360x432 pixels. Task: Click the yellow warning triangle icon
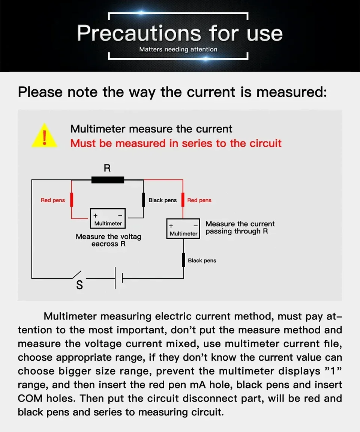coord(45,136)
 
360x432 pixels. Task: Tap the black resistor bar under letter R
coord(108,180)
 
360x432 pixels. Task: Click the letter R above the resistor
coord(107,168)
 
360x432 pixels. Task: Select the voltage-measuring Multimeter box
coord(108,218)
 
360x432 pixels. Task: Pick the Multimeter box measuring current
coord(183,229)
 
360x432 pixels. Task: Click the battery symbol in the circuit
coord(118,278)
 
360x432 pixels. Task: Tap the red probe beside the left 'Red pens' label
coord(72,200)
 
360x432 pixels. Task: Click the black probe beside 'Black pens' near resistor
coord(144,200)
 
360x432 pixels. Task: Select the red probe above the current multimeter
coord(183,200)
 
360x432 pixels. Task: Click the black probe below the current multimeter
coord(183,260)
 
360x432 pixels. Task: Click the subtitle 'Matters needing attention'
coord(178,49)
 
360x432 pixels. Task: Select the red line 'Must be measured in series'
coord(176,143)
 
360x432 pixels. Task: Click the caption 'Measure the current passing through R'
coord(240,227)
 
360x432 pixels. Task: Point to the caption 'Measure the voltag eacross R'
coord(108,240)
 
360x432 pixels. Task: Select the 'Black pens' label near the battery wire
coord(202,260)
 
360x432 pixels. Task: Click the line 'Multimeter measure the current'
coord(151,129)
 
